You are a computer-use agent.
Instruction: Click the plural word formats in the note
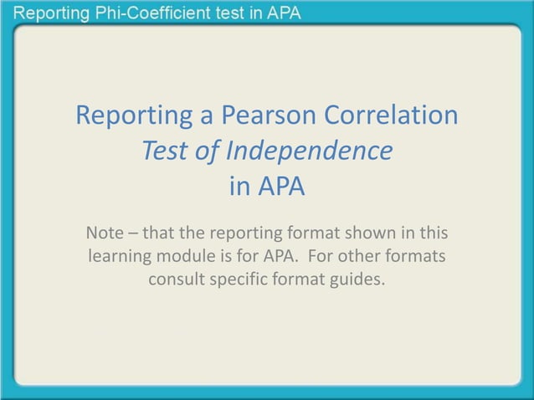click(420, 254)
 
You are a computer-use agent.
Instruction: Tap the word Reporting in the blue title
click(135, 115)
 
